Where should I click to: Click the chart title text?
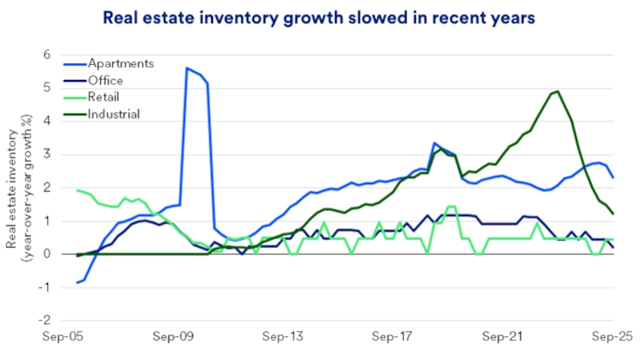point(320,16)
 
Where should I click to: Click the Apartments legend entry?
point(121,63)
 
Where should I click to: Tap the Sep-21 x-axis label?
point(504,336)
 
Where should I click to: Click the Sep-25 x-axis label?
point(613,336)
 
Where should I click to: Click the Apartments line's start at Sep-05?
point(76,282)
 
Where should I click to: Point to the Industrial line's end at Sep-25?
point(613,214)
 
